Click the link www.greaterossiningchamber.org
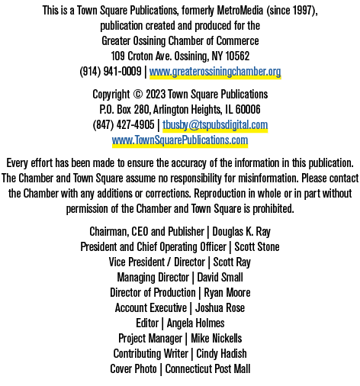[x=215, y=72]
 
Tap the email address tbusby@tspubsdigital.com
[x=215, y=125]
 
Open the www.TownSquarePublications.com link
[x=180, y=140]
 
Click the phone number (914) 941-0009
[x=111, y=72]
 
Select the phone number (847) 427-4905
[x=124, y=125]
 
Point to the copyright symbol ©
[x=137, y=95]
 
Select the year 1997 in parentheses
[x=304, y=11]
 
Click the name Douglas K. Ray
[x=241, y=232]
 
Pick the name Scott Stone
[x=257, y=247]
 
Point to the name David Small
[x=220, y=278]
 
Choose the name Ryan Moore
[x=227, y=293]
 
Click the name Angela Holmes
[x=196, y=323]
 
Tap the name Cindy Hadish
[x=221, y=354]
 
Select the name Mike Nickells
[x=217, y=339]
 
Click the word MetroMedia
[x=240, y=11]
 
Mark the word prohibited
[x=273, y=209]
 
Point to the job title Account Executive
[x=151, y=308]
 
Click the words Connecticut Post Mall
[x=207, y=369]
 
